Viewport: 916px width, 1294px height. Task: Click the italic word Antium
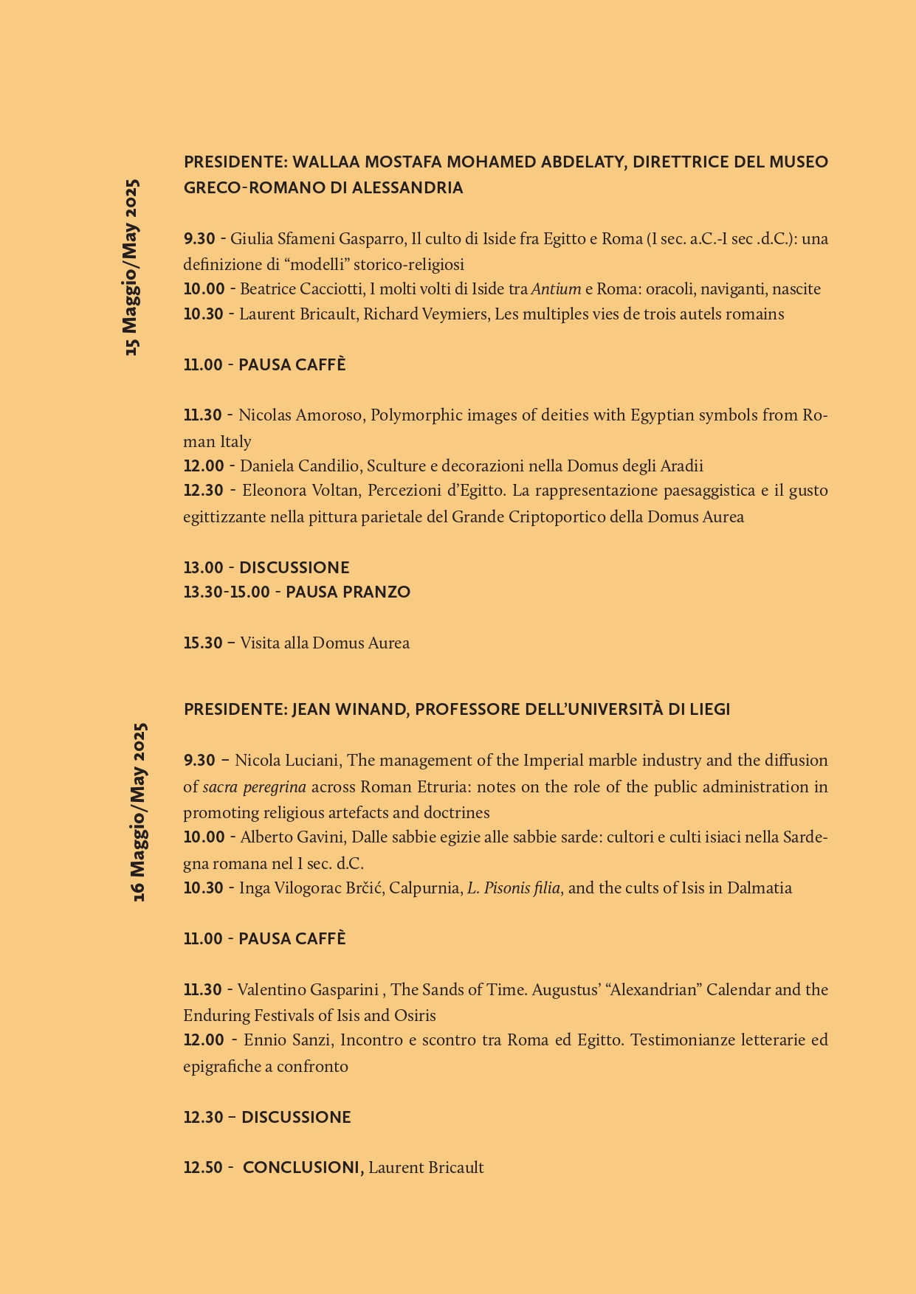point(556,289)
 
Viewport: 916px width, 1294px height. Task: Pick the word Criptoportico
point(557,517)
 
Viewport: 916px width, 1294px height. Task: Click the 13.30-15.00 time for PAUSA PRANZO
point(227,592)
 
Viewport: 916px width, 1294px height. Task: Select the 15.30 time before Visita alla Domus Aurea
point(203,643)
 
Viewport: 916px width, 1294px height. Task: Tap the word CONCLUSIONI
point(302,1168)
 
